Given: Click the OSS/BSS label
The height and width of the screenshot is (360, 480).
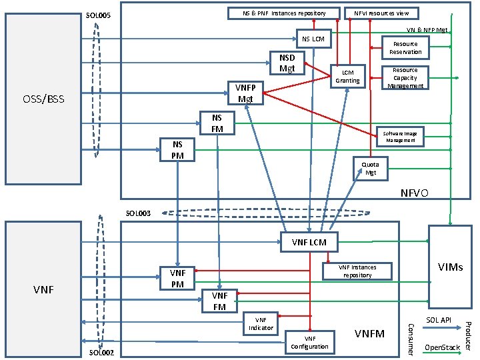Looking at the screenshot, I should (44, 99).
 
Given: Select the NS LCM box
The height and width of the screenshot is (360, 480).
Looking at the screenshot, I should (313, 39).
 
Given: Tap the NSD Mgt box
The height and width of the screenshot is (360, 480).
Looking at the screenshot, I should (287, 63).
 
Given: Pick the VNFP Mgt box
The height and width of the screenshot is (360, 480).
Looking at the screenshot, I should (245, 93).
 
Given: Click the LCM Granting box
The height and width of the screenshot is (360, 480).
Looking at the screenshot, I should (347, 76).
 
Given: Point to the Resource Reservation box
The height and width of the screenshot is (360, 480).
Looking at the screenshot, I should (405, 48).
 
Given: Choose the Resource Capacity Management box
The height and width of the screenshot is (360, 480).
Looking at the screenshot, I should (405, 77).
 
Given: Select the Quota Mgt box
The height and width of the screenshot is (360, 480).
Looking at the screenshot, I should (371, 168).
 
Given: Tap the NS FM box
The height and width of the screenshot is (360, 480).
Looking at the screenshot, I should (217, 123).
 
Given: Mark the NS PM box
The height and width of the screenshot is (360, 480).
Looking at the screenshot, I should (177, 149).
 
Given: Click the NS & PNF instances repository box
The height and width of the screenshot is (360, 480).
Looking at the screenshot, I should (284, 13).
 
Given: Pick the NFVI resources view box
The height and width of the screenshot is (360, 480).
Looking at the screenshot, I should (381, 13).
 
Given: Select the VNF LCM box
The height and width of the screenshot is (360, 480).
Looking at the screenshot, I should (309, 242).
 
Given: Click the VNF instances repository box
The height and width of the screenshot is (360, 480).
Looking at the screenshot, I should (357, 271).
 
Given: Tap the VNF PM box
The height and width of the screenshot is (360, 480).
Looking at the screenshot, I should (177, 278).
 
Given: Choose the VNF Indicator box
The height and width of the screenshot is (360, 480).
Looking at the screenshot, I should (261, 323).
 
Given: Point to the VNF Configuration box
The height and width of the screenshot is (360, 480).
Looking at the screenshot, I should (309, 342).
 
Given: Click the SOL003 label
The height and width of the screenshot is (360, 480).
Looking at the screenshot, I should (138, 213).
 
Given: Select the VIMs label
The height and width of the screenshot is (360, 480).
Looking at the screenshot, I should (451, 267).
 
